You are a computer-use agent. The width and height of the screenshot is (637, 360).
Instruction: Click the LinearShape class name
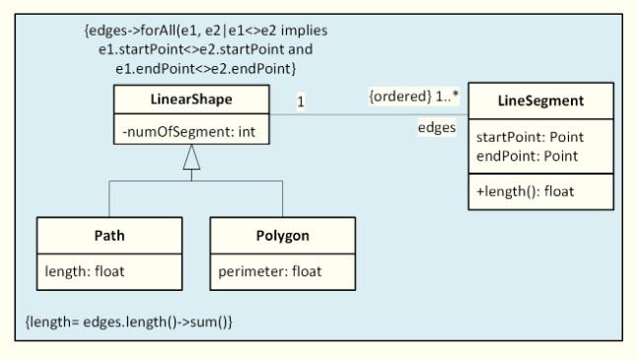191,99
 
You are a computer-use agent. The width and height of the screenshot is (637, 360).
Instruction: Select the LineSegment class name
539,101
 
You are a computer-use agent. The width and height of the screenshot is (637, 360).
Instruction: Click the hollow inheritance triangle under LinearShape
191,157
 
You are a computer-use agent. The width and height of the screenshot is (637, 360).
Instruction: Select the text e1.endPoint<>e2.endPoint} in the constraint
206,68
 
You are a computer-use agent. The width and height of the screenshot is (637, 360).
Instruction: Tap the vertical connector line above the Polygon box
283,199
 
